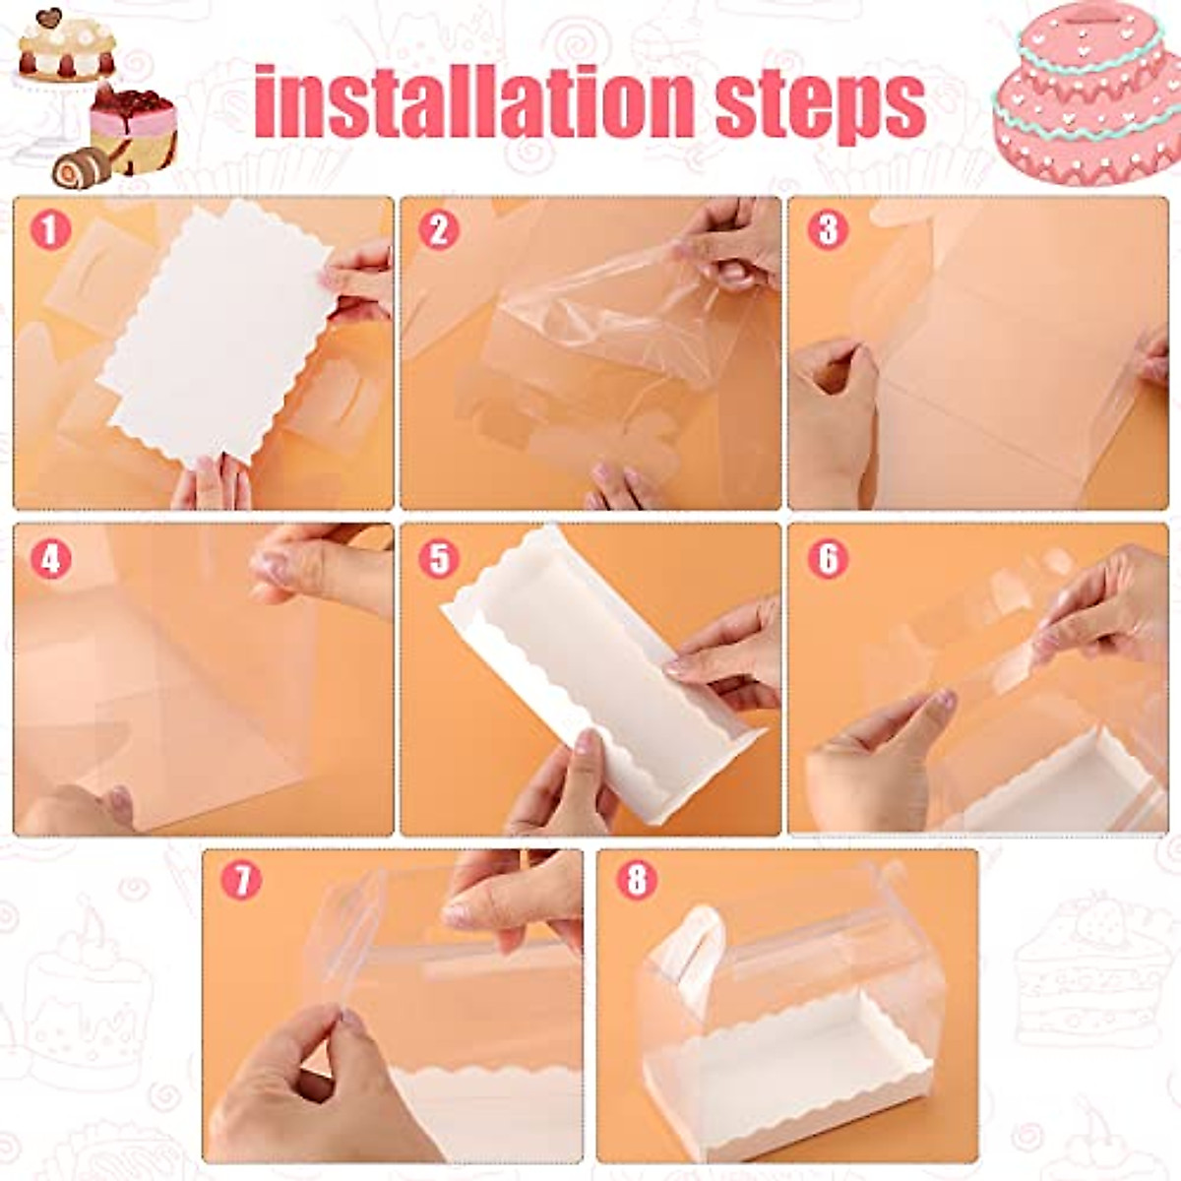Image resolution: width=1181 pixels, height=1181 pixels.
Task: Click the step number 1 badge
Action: (50, 231)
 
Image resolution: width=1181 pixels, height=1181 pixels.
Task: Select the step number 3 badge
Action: (828, 230)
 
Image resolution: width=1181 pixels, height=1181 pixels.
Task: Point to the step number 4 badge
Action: (50, 559)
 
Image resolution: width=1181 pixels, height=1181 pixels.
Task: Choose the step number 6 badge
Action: (828, 558)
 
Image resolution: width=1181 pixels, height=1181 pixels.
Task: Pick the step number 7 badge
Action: (241, 879)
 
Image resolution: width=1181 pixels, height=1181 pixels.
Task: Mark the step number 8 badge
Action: (637, 879)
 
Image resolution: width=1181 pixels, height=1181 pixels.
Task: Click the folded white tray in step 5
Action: (600, 669)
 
